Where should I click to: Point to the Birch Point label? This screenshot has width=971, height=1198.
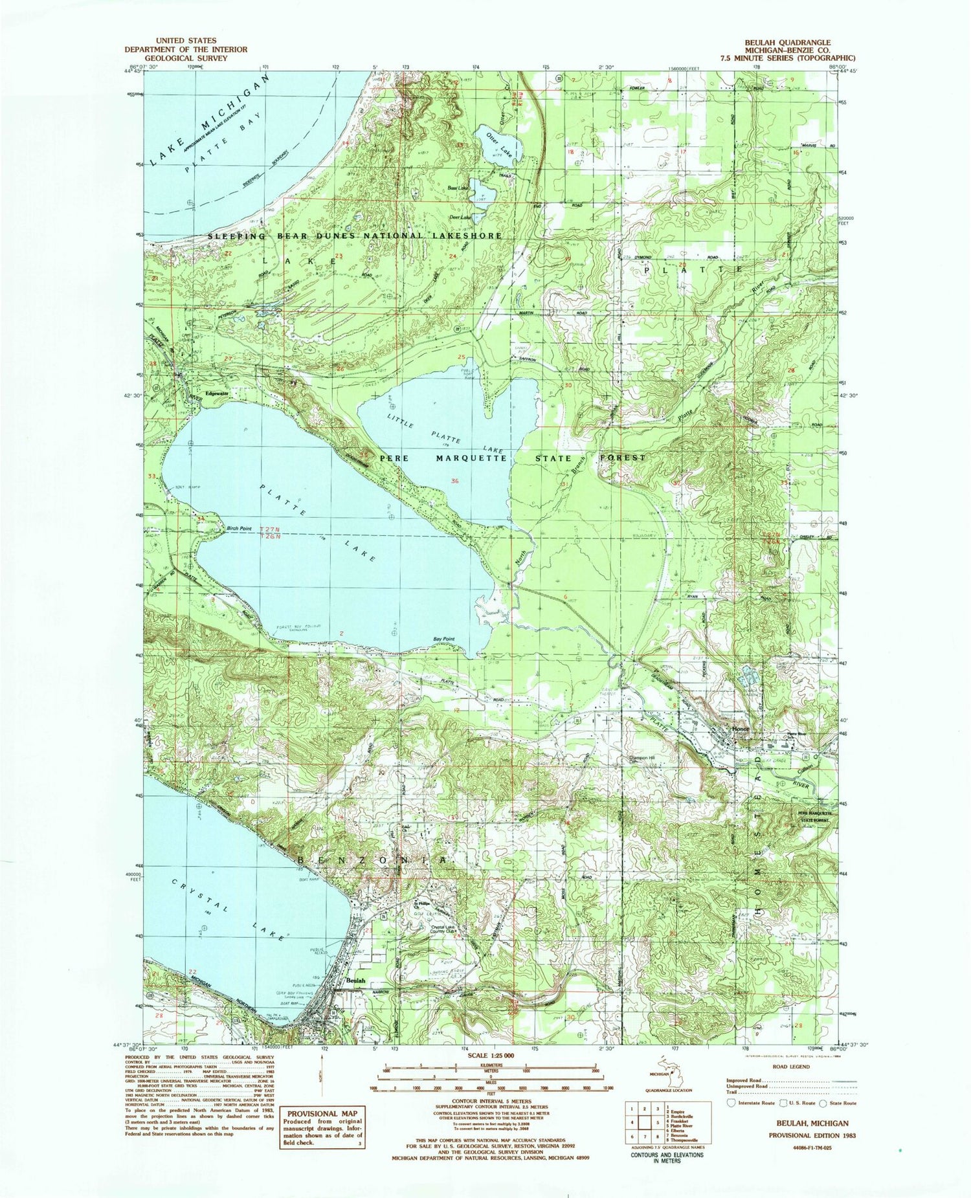(x=239, y=529)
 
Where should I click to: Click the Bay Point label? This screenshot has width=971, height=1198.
(x=443, y=639)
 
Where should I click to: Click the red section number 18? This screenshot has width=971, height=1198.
(x=570, y=152)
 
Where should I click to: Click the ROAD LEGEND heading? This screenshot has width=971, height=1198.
(x=799, y=1066)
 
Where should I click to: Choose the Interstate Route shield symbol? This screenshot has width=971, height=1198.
(x=731, y=1103)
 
